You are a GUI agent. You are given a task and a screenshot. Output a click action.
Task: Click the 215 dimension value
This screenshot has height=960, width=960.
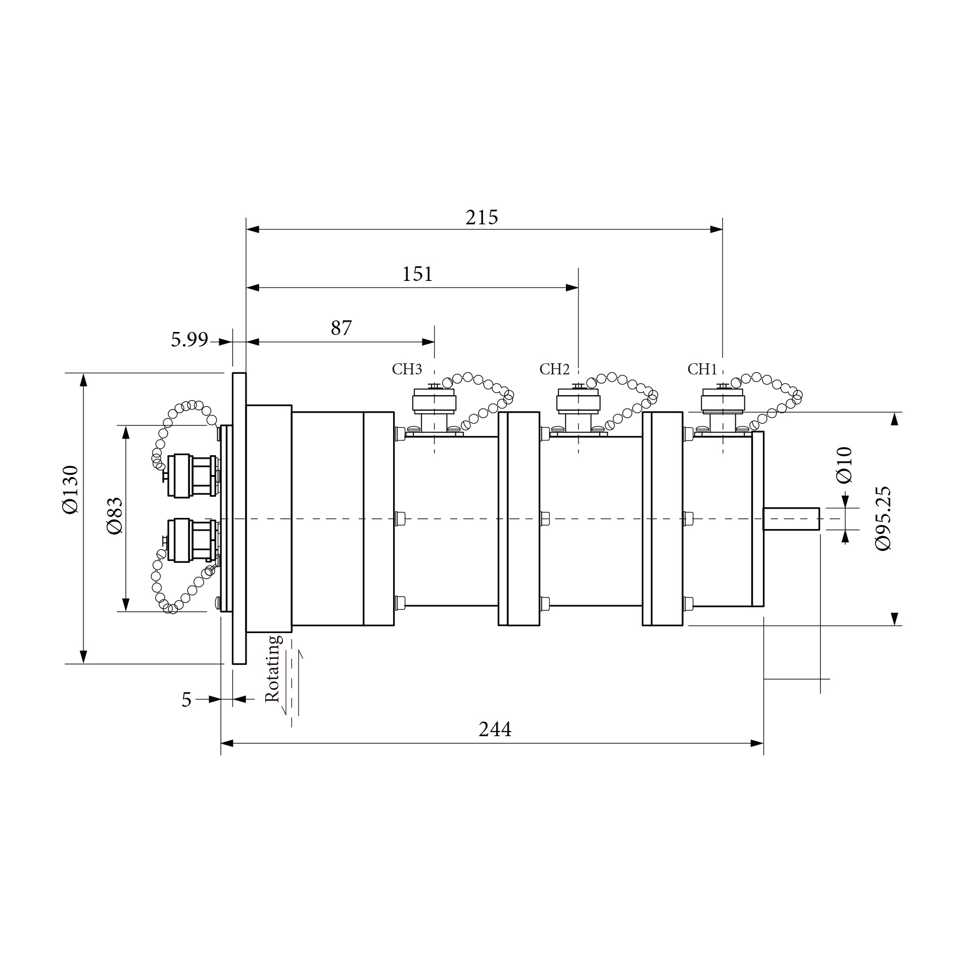pos(482,217)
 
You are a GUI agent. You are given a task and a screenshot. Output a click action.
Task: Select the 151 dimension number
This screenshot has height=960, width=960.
pos(417,274)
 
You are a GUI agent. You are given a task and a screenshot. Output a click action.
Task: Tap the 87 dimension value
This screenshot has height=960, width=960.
pos(341,328)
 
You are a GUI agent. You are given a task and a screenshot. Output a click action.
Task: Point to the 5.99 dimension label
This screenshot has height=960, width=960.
pos(189,340)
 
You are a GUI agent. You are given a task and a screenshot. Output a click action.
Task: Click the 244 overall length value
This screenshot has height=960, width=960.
pos(495,730)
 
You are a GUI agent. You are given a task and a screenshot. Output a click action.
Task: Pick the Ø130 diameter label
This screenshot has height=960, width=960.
pos(71,489)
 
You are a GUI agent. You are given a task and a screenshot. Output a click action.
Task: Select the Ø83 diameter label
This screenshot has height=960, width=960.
pos(115,515)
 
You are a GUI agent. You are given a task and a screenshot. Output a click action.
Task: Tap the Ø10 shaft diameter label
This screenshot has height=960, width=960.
pos(844,465)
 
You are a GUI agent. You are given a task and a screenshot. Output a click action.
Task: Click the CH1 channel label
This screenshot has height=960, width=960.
pos(702,369)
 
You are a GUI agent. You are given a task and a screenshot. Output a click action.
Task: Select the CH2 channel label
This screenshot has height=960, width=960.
pos(554,369)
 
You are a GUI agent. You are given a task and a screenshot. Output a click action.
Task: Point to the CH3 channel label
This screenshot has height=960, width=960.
pos(407,369)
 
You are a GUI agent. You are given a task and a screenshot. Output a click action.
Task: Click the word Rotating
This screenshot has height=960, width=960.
pos(272,668)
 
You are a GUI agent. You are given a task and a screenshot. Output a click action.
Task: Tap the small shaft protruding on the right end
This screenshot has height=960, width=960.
pos(791,519)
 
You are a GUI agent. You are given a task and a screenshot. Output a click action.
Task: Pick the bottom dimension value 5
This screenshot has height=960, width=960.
pos(186,700)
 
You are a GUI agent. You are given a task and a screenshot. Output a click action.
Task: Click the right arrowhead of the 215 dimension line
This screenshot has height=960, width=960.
pos(716,229)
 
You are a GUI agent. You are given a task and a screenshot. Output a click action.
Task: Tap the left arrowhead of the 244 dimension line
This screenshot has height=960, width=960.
pos(227,743)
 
